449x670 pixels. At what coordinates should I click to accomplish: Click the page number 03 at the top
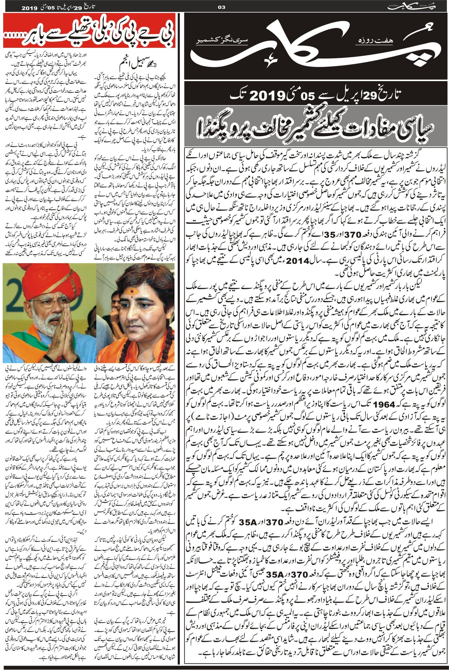pos(222,8)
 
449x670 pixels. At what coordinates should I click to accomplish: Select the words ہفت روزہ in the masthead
pos(369,41)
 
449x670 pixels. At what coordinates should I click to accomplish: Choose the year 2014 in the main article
pos(298,261)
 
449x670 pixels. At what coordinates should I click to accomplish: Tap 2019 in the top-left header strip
pos(29,8)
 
